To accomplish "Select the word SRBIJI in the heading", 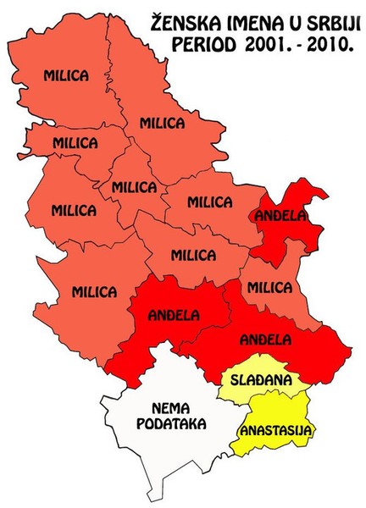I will pos(326,21).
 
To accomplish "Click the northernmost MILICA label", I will pos(66,76).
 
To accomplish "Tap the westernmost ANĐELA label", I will pos(173,316).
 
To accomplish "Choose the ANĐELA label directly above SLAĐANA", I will pos(265,340).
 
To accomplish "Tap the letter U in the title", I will pos(290,21).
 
